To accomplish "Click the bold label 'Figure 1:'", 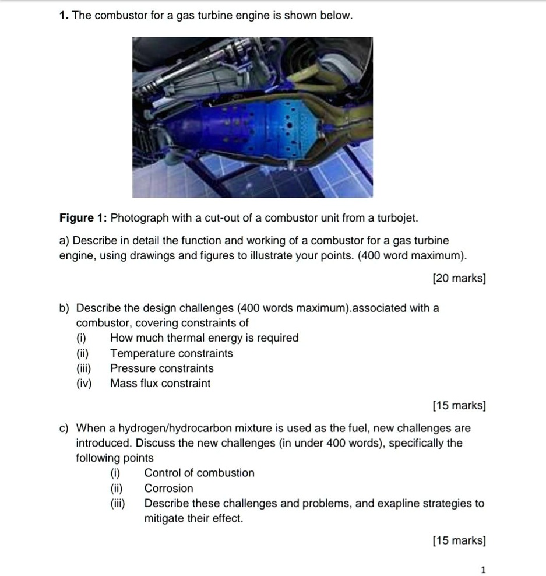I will tap(83, 218).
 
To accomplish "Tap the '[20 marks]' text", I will tap(459, 279).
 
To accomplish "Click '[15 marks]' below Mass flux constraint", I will tap(459, 405).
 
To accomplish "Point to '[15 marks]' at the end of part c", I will tap(459, 540).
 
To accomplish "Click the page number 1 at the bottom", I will tap(483, 570).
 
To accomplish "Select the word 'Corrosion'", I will tap(168, 488).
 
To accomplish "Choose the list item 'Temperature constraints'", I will tap(171, 353).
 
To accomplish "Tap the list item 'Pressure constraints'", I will tap(162, 368).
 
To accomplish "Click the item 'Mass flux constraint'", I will tap(160, 384).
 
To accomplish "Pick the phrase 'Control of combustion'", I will tap(199, 473).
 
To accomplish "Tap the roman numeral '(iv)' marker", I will tap(84, 384).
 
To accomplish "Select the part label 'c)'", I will tap(65, 428).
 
